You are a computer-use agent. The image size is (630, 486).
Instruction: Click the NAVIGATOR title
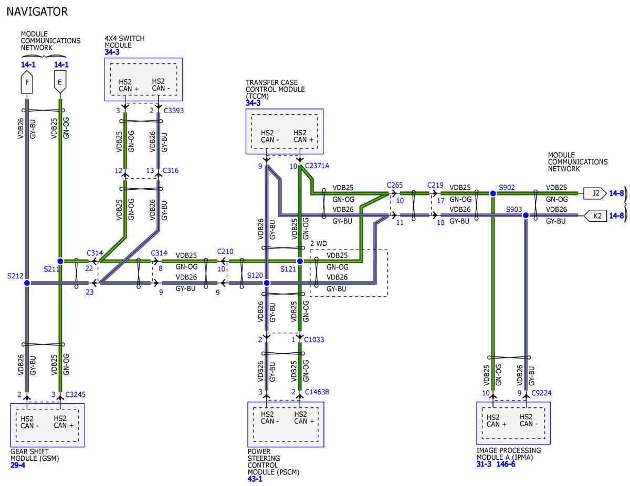click(x=37, y=12)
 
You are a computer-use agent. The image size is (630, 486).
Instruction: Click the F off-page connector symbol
click(x=27, y=82)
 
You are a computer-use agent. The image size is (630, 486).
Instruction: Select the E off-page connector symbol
click(x=60, y=82)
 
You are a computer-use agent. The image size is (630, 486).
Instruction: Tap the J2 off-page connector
click(x=594, y=193)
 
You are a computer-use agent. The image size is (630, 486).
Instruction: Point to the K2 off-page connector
click(x=595, y=215)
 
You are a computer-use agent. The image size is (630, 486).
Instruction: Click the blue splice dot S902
click(x=492, y=193)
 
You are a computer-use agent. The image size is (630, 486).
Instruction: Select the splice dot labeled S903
click(x=526, y=215)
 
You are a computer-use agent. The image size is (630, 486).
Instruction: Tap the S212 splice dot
click(x=27, y=283)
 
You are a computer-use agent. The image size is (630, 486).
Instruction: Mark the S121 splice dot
click(x=300, y=261)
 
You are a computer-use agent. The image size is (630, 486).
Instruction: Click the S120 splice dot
click(x=267, y=283)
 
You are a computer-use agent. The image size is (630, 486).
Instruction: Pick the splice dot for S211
click(x=60, y=261)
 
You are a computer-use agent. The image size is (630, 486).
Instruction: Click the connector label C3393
click(x=173, y=111)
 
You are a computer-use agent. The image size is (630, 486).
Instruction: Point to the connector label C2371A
click(x=317, y=166)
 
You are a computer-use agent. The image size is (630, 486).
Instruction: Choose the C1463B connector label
click(x=317, y=392)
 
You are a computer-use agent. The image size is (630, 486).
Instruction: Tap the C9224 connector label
click(x=541, y=393)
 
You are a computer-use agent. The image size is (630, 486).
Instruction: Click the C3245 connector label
click(x=76, y=395)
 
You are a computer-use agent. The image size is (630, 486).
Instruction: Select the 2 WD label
click(x=318, y=243)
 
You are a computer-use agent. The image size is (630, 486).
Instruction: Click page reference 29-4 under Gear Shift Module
click(x=18, y=465)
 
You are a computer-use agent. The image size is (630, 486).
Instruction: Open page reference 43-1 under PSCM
click(x=255, y=479)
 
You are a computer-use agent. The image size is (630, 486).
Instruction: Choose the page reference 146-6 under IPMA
click(x=506, y=464)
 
